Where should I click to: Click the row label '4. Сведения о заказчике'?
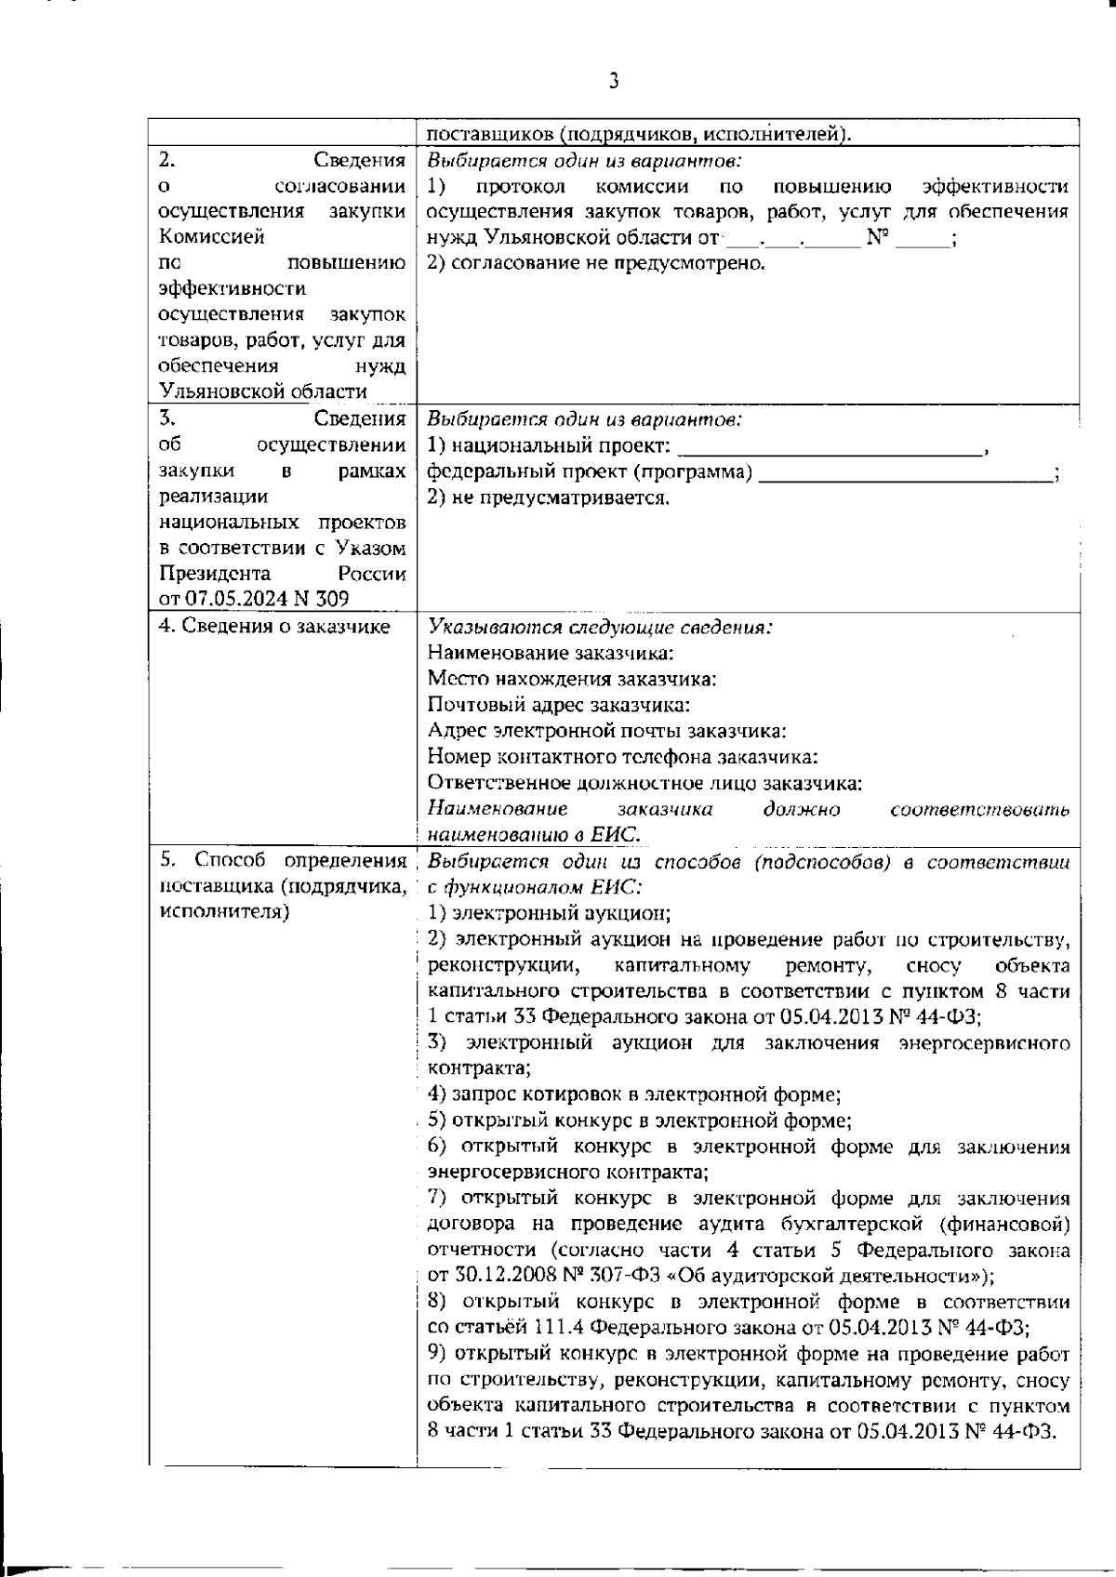[274, 627]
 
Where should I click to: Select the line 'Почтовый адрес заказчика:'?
[558, 705]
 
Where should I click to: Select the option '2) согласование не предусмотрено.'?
[596, 263]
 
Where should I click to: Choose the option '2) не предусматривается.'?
[548, 497]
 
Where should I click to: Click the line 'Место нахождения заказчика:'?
[572, 679]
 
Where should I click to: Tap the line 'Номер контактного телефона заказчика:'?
[622, 757]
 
